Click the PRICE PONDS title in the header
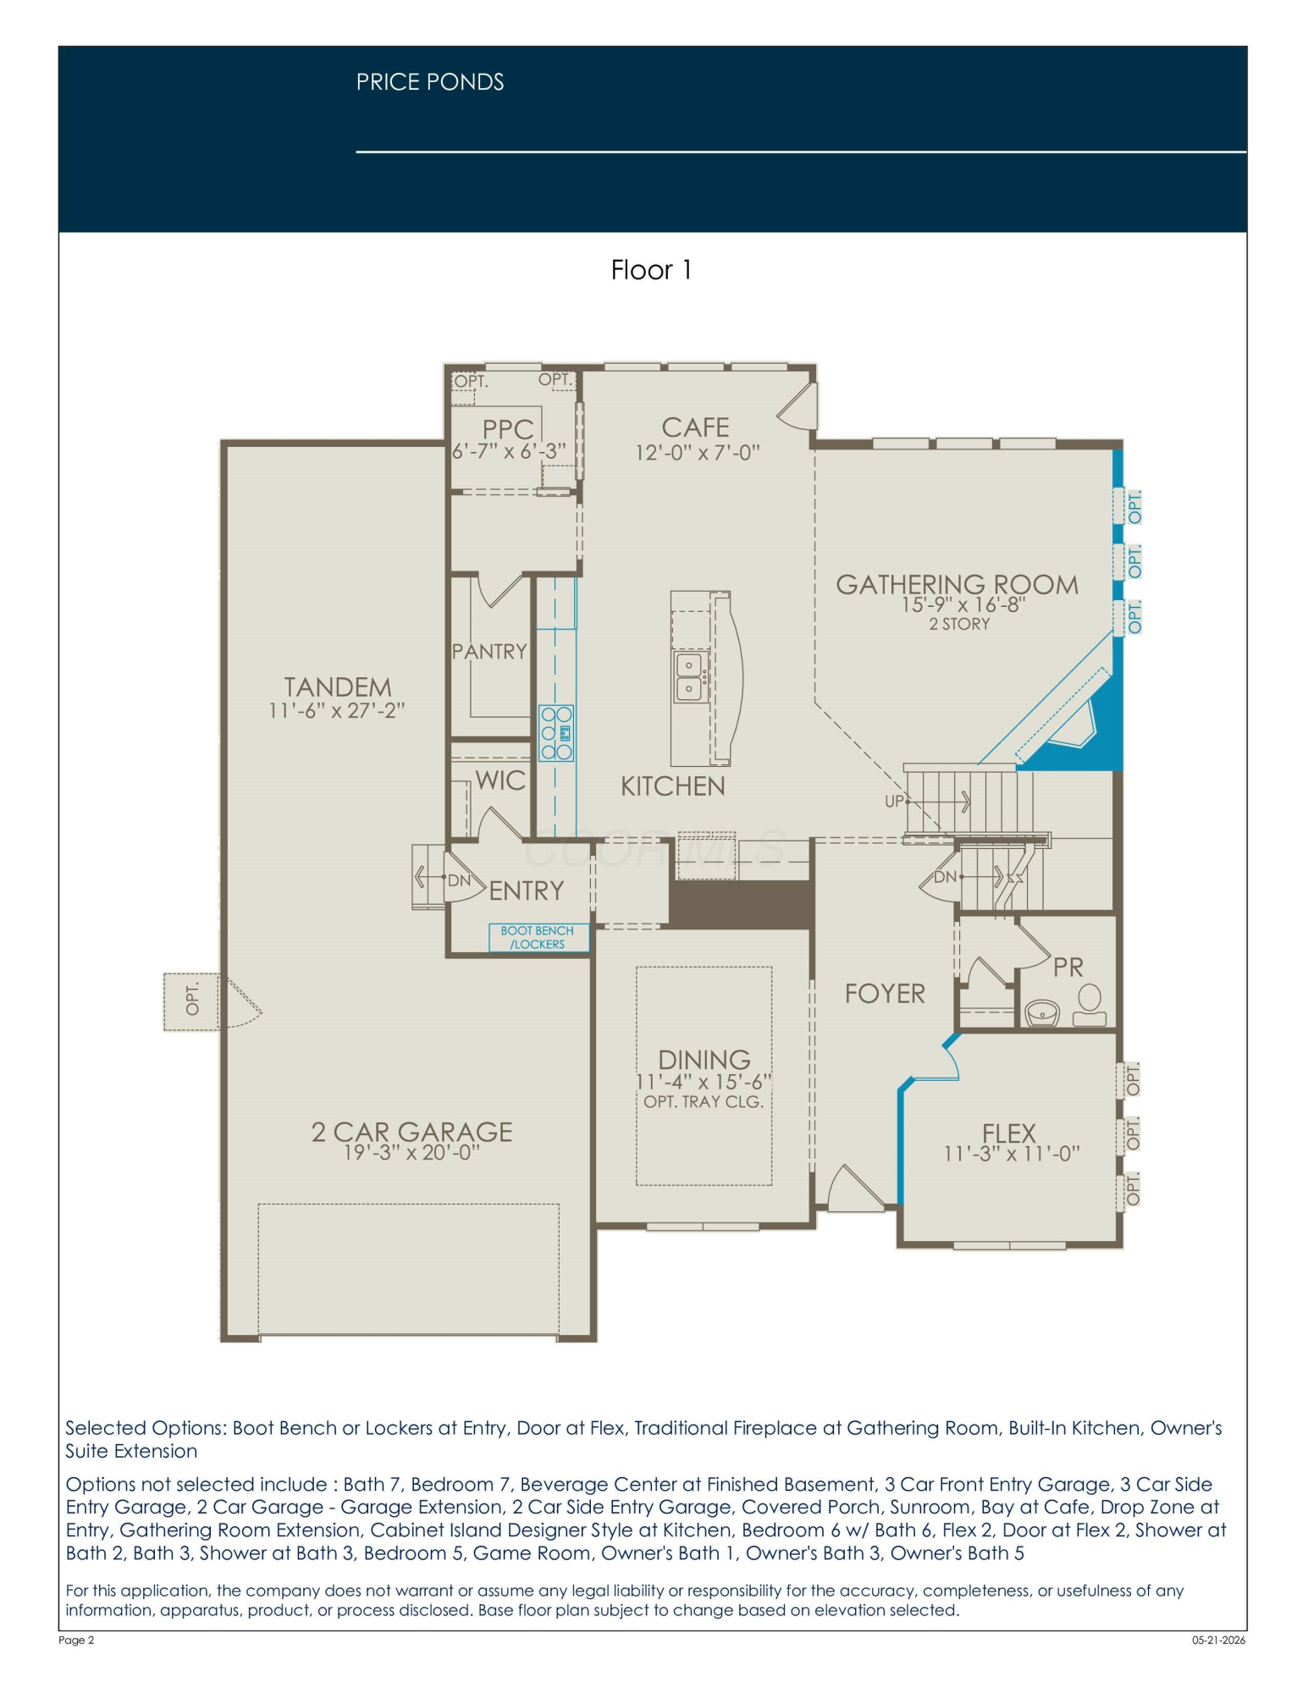point(430,82)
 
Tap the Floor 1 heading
point(651,270)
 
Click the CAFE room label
point(695,427)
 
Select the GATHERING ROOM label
point(957,584)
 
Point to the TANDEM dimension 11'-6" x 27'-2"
point(337,710)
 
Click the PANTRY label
point(489,651)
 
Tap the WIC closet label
point(500,780)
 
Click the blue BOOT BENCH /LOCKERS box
point(538,937)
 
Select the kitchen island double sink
point(689,676)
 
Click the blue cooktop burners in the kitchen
point(556,732)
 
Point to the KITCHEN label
point(673,786)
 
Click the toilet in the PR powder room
point(1090,1005)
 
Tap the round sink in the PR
point(1042,1012)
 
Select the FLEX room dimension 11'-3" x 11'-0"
point(1012,1154)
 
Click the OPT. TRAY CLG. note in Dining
point(704,1101)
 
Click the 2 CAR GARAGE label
point(411,1132)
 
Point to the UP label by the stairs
point(894,801)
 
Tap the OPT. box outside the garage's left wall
point(192,1001)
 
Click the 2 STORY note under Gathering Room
point(959,624)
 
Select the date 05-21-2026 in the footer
point(1219,1640)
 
